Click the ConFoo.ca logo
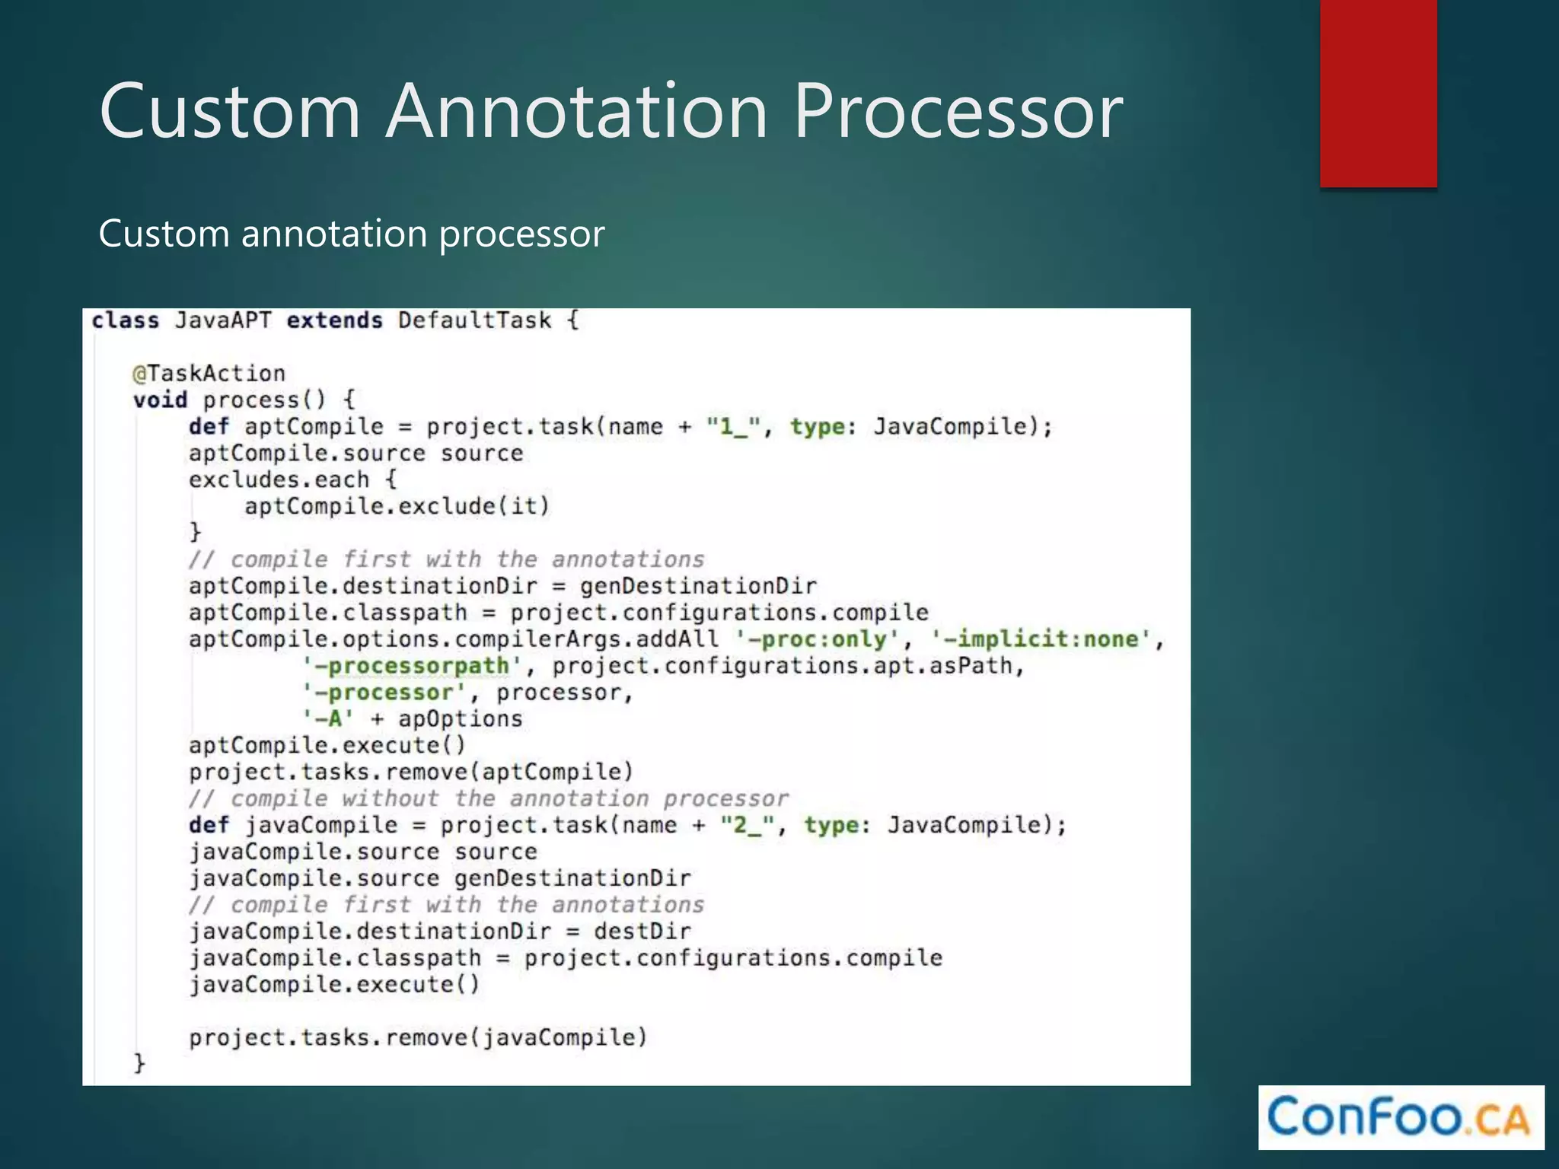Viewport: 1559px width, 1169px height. click(1400, 1117)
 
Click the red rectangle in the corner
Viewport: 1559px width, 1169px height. click(1378, 93)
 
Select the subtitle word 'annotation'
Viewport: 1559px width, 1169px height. click(333, 233)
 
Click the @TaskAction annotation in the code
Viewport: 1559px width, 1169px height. click(209, 374)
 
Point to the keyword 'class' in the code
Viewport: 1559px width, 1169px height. click(125, 320)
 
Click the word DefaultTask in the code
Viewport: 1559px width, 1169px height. click(474, 320)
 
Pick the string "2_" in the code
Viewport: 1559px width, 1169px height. click(748, 825)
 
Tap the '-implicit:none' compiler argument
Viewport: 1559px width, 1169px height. click(1041, 639)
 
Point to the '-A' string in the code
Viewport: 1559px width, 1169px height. click(328, 719)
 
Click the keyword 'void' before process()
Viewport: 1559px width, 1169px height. click(160, 400)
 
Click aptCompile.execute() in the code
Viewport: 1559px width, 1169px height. click(327, 746)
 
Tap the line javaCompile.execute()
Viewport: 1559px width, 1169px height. click(334, 985)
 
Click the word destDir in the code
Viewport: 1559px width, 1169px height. click(642, 932)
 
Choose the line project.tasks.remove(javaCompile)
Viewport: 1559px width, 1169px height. click(418, 1038)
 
